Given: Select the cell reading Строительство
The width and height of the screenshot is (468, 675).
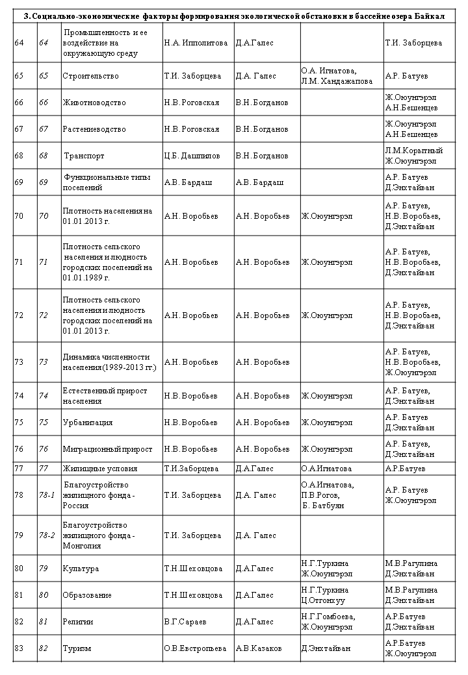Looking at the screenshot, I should (90, 76).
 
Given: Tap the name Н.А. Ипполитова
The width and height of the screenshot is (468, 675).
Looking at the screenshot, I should (196, 43).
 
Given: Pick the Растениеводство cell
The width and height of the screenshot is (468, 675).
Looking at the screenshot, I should (94, 129).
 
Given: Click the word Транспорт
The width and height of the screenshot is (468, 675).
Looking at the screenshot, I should (84, 156).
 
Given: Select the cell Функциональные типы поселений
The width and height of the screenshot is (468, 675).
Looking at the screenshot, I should (94, 182).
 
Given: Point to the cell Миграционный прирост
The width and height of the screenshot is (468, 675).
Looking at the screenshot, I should (107, 449).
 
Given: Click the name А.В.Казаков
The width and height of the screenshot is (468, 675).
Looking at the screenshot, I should (259, 648).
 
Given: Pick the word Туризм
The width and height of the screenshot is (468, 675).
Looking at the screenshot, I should (77, 648).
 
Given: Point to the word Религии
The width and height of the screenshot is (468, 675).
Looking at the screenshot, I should (78, 621).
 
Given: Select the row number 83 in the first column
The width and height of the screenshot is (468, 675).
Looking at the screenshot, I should (19, 648).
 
